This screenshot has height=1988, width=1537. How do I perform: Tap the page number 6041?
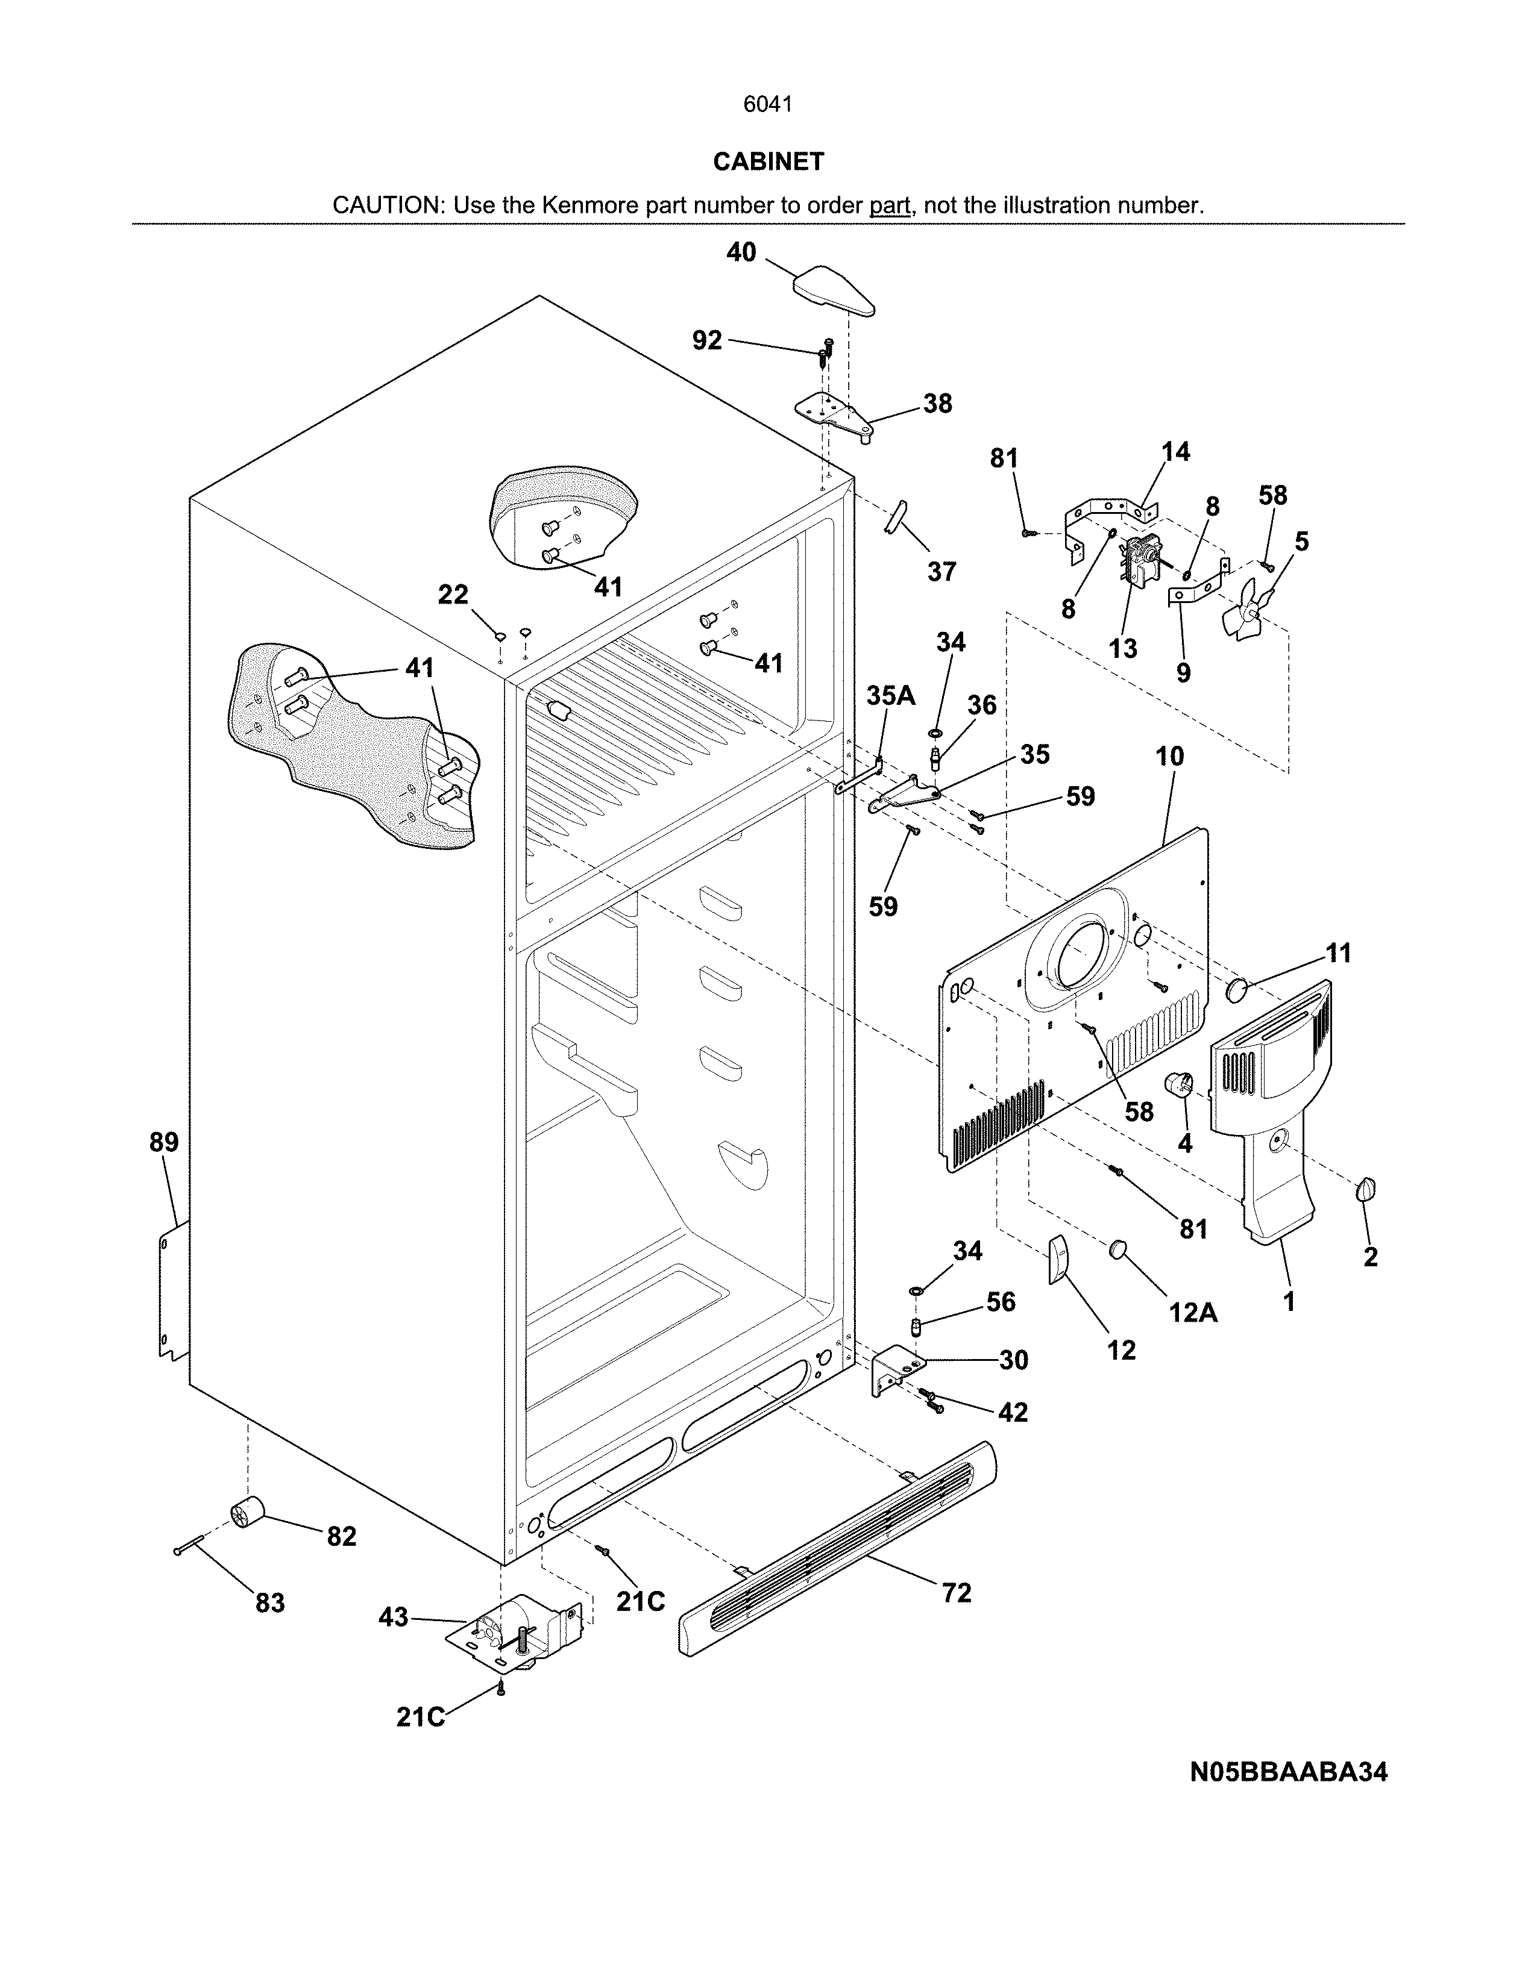[x=767, y=105]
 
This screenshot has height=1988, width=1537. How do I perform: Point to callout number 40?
[x=741, y=252]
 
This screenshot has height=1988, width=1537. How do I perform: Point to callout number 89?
[x=164, y=1142]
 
